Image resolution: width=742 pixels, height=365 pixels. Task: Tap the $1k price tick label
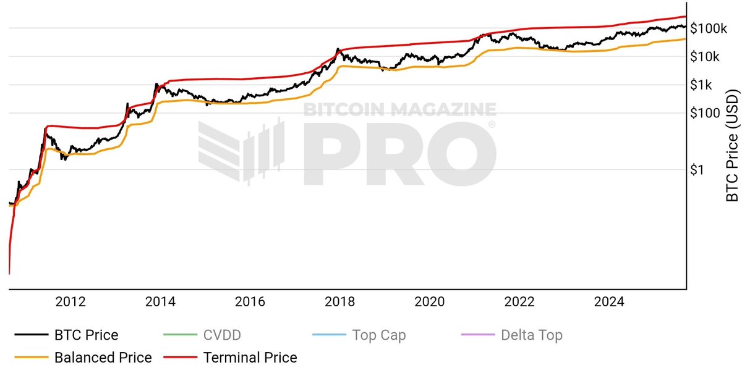click(702, 85)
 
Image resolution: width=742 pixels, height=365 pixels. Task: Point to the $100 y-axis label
click(705, 113)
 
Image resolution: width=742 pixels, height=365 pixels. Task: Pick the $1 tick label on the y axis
click(698, 170)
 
